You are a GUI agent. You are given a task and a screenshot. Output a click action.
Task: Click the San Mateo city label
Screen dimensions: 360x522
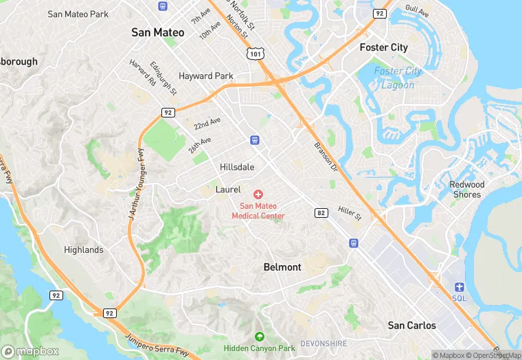coord(158,32)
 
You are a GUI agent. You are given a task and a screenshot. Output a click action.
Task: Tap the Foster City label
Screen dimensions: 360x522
coord(383,47)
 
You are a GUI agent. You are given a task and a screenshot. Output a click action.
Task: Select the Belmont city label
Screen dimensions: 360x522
coord(282,267)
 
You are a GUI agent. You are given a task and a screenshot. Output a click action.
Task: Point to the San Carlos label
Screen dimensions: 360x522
coord(411,325)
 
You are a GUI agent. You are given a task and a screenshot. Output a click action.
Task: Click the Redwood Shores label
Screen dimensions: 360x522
coord(467,189)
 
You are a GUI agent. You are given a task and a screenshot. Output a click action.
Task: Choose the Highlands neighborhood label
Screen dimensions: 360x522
coord(84,249)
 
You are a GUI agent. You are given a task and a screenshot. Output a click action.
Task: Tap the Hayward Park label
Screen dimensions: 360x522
coord(206,76)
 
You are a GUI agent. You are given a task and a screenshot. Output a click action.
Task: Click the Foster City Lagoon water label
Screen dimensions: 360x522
coord(398,78)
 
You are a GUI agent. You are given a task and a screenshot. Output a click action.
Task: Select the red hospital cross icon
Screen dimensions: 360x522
coord(258,195)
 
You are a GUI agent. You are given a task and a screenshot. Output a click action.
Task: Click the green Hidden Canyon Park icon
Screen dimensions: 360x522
coord(259,337)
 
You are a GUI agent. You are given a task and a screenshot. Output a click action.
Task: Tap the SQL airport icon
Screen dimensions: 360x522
coord(459,287)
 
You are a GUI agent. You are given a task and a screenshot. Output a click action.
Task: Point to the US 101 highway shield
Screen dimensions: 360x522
coord(255,52)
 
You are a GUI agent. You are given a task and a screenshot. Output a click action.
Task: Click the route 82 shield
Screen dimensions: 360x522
coord(320,214)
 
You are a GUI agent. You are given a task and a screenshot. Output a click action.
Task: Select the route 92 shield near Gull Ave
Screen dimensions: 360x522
coord(379,13)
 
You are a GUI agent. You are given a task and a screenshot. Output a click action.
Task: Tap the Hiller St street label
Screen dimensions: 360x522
coord(350,213)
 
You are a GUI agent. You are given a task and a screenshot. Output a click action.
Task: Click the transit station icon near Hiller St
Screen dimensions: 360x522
coord(354,243)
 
